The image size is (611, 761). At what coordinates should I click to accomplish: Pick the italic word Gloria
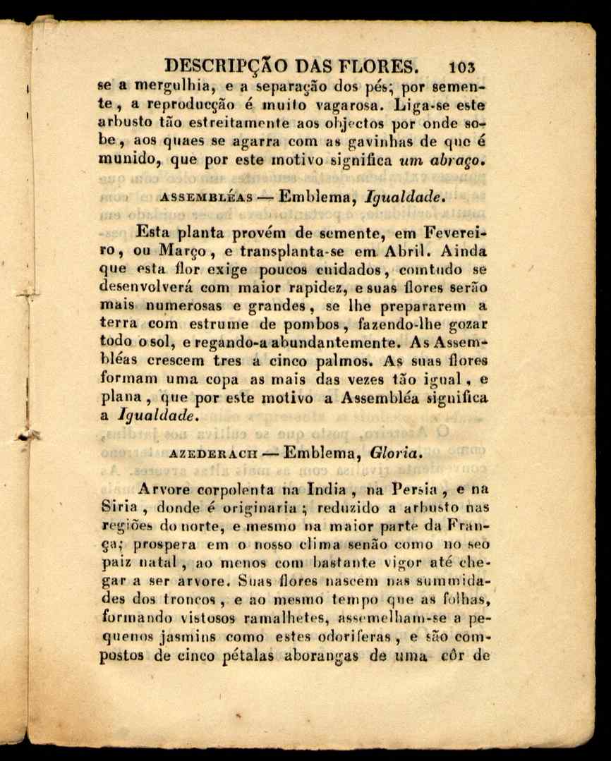[x=397, y=454]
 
